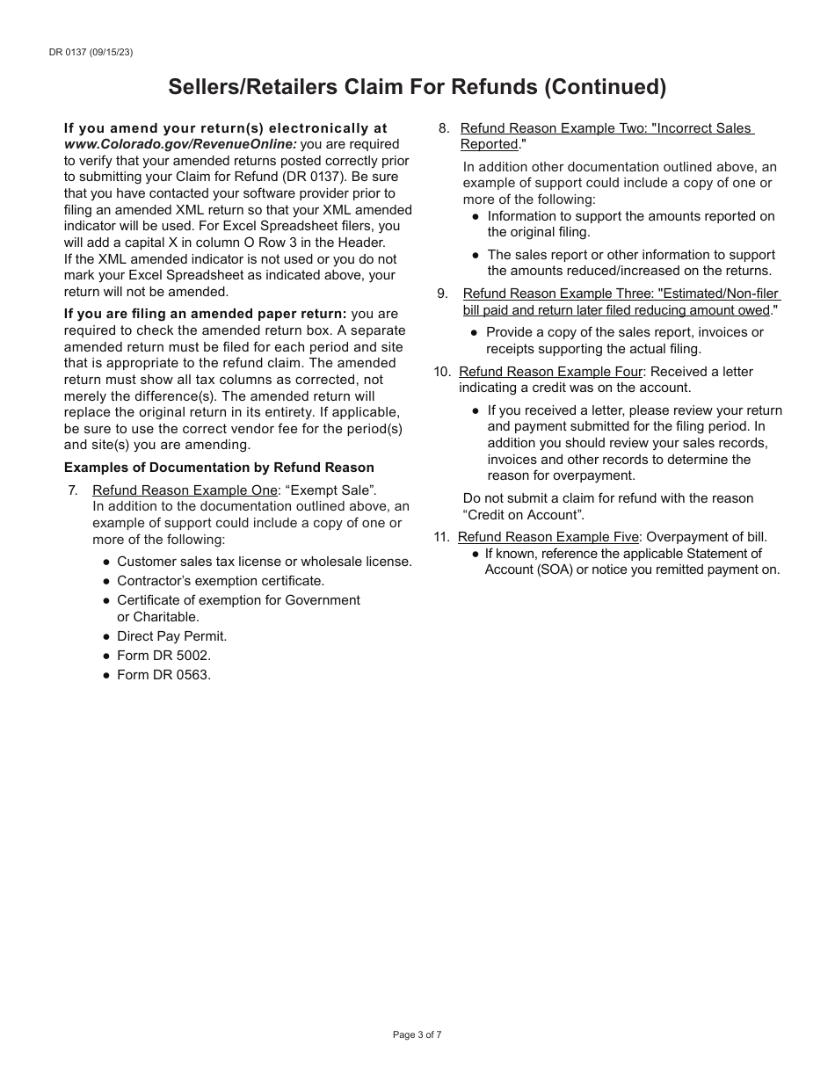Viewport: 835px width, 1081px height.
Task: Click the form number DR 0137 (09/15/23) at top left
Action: tap(91, 52)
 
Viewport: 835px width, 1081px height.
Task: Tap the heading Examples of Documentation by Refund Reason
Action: tap(219, 468)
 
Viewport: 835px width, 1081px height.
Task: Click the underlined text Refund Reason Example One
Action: tap(185, 490)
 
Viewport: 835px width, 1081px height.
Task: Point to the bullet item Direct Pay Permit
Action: tap(171, 636)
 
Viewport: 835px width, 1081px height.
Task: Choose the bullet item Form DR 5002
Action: tap(163, 656)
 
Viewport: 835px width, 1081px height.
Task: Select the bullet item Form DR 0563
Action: tap(163, 675)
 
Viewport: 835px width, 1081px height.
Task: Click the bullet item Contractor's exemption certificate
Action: tap(221, 581)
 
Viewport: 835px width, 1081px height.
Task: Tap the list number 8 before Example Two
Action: tap(444, 128)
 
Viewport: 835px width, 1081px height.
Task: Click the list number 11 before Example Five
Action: tap(441, 537)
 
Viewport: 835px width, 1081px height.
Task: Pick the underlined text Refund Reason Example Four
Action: tap(550, 372)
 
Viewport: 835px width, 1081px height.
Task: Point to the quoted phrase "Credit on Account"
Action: tap(524, 515)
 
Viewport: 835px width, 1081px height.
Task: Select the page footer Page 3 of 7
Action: tap(417, 1034)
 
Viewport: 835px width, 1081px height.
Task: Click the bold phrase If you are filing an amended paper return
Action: tap(205, 314)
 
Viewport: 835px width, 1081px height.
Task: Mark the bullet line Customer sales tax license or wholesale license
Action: tap(264, 562)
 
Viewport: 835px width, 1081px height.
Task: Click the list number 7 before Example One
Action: tap(73, 490)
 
